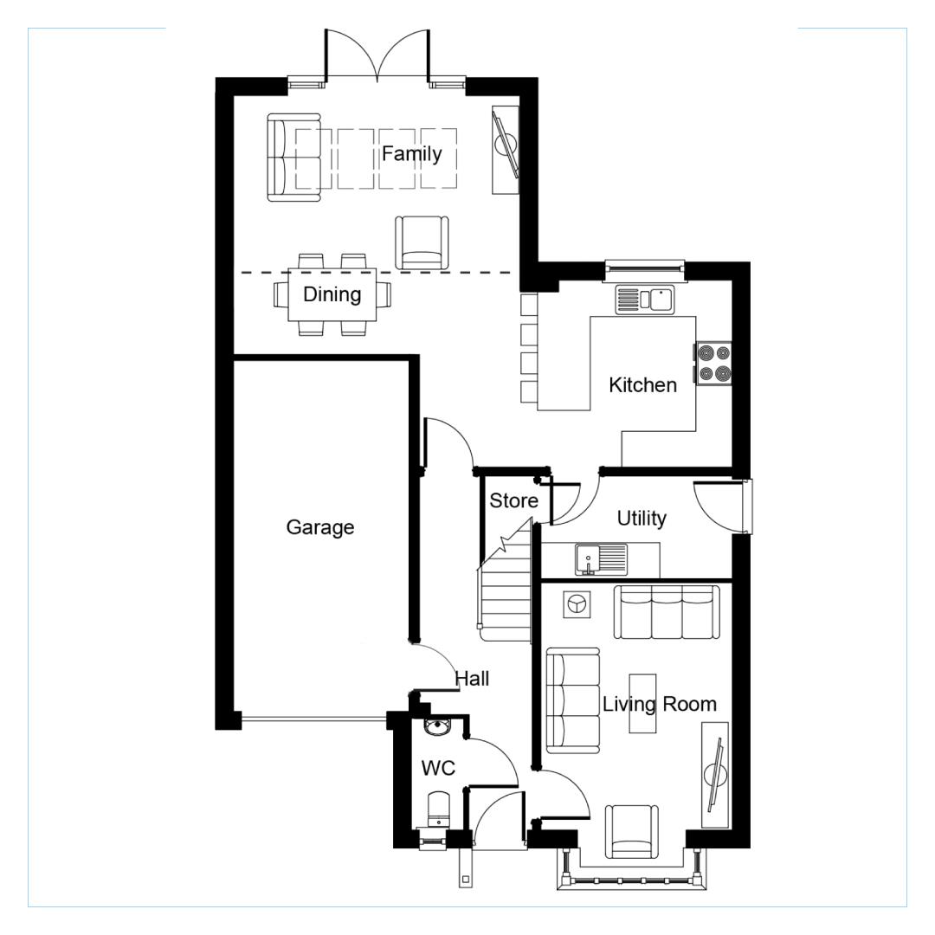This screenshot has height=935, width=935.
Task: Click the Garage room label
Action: (320, 527)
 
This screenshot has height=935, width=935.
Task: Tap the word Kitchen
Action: (642, 385)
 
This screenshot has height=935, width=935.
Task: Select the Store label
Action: (513, 501)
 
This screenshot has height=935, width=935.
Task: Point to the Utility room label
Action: (642, 519)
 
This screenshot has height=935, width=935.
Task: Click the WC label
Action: (438, 768)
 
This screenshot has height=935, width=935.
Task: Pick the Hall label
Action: (473, 679)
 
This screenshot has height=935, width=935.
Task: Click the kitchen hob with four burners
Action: (713, 364)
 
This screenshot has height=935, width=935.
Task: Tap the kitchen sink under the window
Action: (644, 300)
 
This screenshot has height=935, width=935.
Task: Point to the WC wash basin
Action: (438, 727)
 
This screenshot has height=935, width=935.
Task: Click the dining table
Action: (332, 294)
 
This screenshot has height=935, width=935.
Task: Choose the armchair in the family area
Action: (422, 242)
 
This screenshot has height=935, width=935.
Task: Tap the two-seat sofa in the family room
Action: (294, 158)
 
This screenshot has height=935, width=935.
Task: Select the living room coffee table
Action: (642, 704)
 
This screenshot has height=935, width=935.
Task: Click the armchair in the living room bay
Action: (632, 832)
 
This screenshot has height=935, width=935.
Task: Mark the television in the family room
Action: (506, 149)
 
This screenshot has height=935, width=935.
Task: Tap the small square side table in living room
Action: (577, 604)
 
